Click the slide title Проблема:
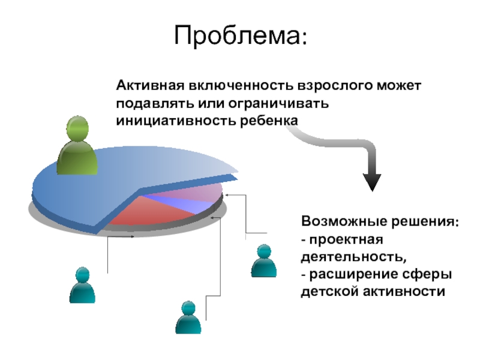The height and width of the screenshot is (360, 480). click(x=241, y=36)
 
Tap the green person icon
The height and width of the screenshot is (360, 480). click(x=77, y=145)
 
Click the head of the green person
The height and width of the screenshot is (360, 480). click(x=77, y=128)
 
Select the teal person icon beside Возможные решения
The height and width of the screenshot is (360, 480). click(x=263, y=261)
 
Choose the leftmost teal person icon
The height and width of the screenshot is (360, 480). click(x=82, y=285)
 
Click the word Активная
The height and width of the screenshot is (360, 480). click(x=151, y=85)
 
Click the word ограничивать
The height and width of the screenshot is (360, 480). click(x=278, y=104)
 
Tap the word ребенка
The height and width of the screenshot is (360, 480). click(x=269, y=121)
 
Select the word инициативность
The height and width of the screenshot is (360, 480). click(x=176, y=121)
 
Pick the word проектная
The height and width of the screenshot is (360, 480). click(x=346, y=240)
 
